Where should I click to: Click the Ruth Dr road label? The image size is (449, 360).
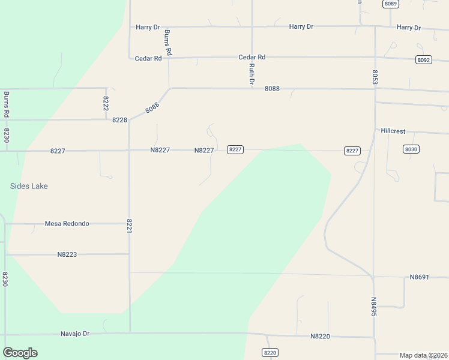(252, 73)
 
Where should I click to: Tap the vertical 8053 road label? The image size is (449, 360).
(375, 76)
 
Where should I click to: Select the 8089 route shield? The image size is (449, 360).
(391, 4)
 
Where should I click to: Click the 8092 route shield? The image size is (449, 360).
(423, 60)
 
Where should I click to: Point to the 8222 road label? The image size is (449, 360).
(106, 103)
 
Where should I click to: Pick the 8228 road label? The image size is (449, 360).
(119, 120)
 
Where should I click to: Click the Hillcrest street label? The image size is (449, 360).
(393, 130)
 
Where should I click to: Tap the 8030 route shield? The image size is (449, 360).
(411, 149)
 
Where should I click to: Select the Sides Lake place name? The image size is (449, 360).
(29, 186)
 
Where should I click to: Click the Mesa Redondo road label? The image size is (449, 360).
(67, 224)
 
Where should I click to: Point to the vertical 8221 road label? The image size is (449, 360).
(129, 226)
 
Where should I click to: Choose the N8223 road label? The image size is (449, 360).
(67, 254)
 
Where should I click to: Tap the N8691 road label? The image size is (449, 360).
(420, 277)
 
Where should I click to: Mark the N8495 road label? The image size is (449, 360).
(373, 307)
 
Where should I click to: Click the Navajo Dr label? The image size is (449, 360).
(75, 333)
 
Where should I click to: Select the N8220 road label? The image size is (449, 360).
(320, 337)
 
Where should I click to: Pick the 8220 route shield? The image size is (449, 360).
(270, 352)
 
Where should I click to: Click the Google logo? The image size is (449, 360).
(20, 353)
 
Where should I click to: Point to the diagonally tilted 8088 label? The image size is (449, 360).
(152, 108)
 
